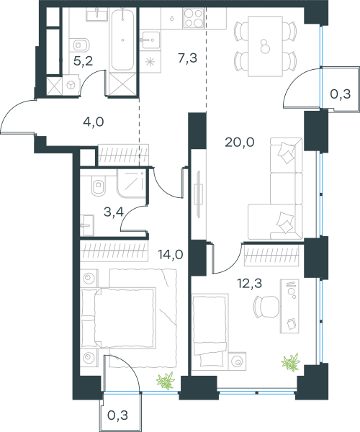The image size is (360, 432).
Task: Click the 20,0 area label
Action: click(x=239, y=143)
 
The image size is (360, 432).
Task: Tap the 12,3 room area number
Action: click(x=250, y=283)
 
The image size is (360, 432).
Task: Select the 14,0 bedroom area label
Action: click(x=171, y=254)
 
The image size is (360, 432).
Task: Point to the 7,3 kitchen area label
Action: click(x=188, y=58)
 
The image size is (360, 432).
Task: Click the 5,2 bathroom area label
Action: click(x=84, y=61)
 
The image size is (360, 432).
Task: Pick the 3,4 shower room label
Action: click(x=114, y=212)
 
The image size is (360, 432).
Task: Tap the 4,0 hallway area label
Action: click(x=94, y=122)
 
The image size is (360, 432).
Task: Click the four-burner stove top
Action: click(x=194, y=18)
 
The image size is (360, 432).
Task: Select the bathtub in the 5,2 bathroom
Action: click(x=122, y=40)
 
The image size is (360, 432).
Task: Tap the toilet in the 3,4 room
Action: click(x=98, y=186)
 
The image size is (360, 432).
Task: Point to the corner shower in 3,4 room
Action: click(x=131, y=183)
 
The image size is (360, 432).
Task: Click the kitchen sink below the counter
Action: click(x=150, y=40)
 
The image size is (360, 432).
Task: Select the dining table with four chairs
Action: click(x=265, y=46)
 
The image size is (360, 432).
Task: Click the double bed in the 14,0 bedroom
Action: click(x=118, y=318)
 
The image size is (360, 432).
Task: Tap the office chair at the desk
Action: click(x=266, y=307)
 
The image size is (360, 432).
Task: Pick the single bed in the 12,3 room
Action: click(x=210, y=332)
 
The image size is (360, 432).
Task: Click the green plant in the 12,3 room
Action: click(x=291, y=362)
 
